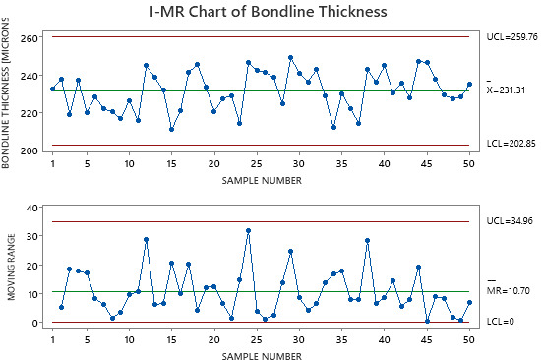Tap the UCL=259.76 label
[x=511, y=36]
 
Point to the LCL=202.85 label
[x=511, y=145]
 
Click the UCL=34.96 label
[x=508, y=221]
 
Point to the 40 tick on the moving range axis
[x=33, y=208]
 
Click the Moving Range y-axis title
[x=9, y=266]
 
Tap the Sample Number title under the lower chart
[x=261, y=351]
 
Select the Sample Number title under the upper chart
[x=261, y=179]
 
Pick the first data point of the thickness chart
[x=53, y=89]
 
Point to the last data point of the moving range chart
[x=469, y=303]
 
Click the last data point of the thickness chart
[x=469, y=85]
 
